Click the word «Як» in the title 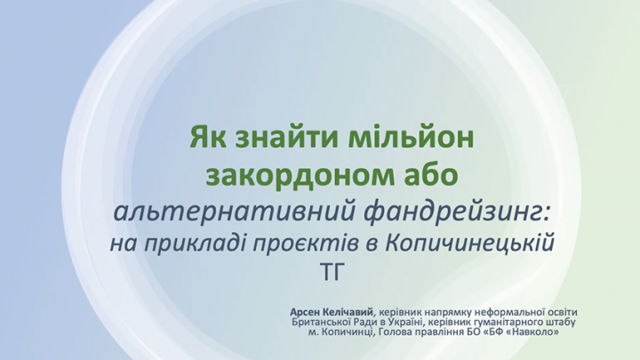[x=209, y=137]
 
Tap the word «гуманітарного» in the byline [x=508, y=323]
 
